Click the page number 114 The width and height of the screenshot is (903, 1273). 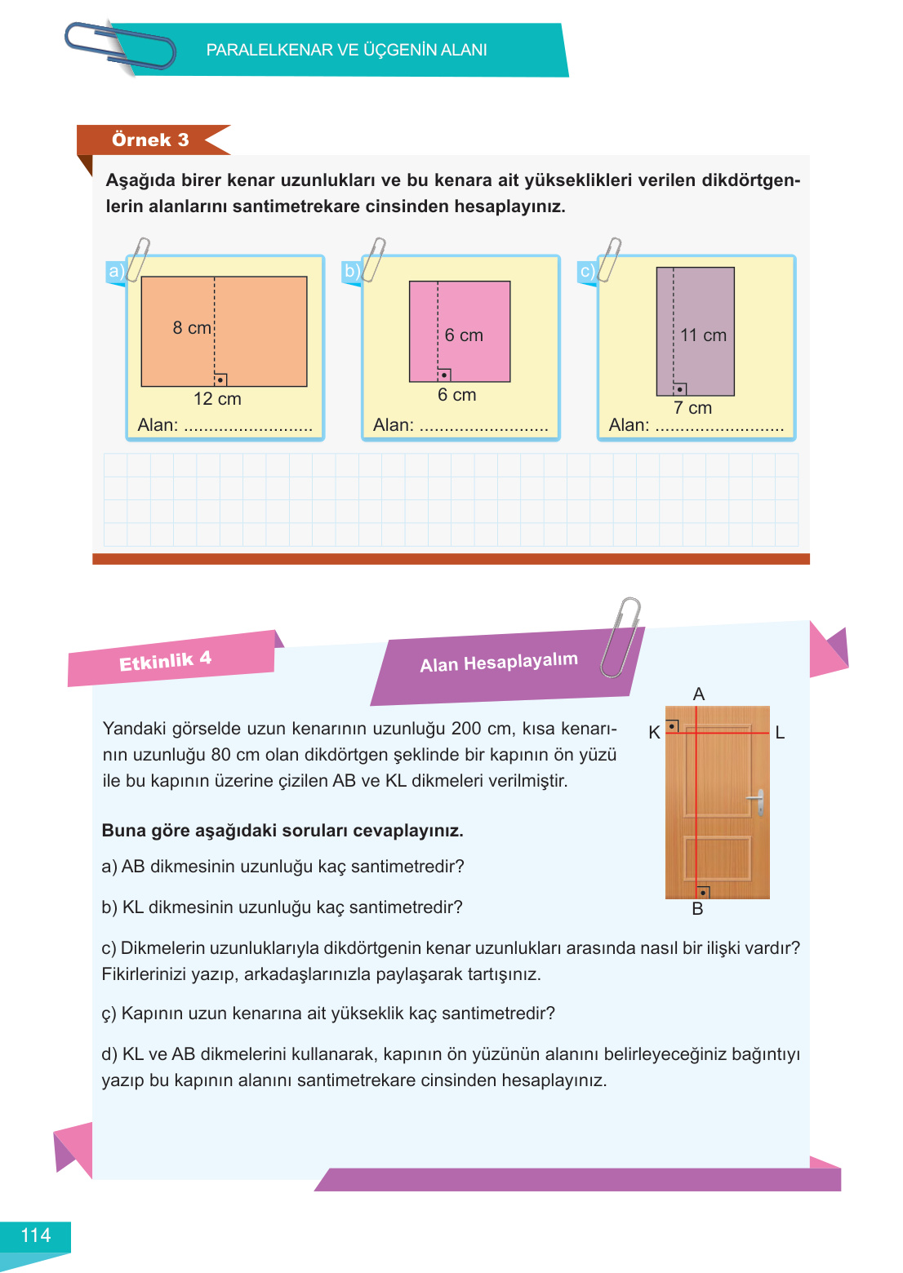35,1235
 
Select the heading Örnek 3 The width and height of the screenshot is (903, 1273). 150,140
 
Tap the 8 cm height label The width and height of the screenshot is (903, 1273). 192,328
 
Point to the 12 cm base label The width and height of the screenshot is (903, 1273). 217,399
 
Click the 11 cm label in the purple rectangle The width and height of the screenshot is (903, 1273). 703,335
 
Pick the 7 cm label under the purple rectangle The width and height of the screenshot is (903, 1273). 692,408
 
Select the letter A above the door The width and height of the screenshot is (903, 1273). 698,694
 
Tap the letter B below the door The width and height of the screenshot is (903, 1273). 697,909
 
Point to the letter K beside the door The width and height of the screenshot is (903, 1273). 654,733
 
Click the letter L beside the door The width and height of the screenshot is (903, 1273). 780,733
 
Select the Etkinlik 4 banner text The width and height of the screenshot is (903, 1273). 165,661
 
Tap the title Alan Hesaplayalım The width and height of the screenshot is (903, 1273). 499,663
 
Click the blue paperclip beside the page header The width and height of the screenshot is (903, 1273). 121,47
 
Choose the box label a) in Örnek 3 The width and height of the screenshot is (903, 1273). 116,271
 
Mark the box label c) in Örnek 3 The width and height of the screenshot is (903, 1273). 587,271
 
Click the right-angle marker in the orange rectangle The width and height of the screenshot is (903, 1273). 220,379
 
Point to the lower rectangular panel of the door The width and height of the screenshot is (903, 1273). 718,858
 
